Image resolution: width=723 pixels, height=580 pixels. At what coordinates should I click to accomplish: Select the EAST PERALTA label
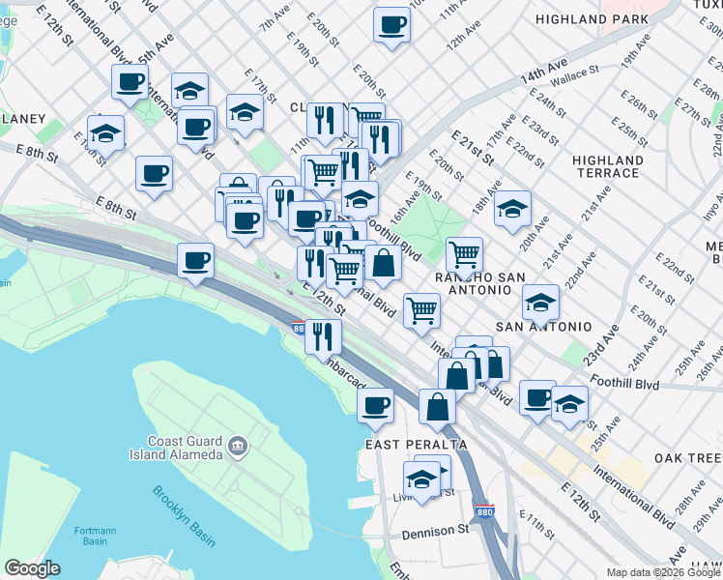(416, 445)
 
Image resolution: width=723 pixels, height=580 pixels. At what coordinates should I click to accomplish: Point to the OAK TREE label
(687, 457)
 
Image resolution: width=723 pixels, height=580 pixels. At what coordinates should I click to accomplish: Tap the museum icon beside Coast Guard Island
(238, 447)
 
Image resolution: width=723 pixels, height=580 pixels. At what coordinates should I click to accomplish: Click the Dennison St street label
(435, 530)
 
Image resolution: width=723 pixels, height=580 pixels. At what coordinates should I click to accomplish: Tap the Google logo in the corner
(32, 568)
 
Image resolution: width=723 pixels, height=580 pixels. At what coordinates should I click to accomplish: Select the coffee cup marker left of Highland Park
(391, 24)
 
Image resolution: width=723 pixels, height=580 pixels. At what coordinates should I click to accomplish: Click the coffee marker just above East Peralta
(376, 405)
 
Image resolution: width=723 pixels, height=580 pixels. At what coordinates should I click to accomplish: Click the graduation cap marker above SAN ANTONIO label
(540, 303)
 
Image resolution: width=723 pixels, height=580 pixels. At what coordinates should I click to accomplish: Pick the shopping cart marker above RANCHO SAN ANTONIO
(465, 255)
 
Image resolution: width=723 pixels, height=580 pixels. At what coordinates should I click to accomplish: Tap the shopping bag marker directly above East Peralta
(437, 406)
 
